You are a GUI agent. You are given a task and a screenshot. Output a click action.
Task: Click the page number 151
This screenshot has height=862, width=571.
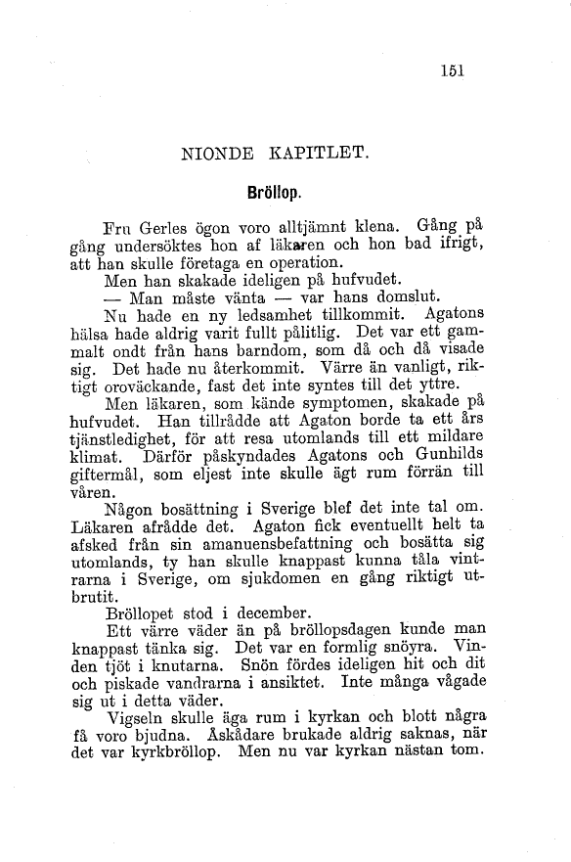[452, 69]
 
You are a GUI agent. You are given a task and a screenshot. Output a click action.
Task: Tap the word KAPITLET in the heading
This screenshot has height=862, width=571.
[321, 153]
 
